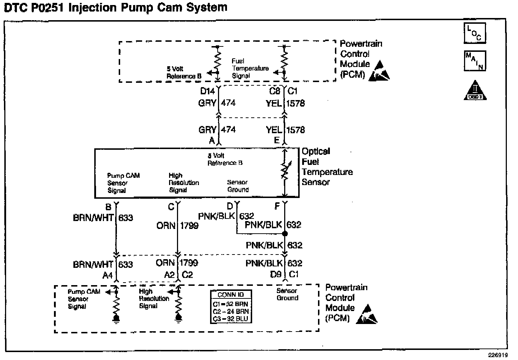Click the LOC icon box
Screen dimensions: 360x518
(x=475, y=33)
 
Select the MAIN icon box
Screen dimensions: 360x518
(x=475, y=60)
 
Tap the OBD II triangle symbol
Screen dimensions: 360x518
(x=475, y=90)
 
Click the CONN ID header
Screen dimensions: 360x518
(x=231, y=294)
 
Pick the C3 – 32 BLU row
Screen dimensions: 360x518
(x=231, y=319)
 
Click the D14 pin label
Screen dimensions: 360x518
(x=208, y=91)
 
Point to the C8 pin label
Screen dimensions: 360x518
(x=275, y=91)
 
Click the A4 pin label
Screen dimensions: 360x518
(x=108, y=275)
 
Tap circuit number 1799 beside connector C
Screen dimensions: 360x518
(x=189, y=226)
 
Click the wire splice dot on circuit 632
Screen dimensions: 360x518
(x=285, y=234)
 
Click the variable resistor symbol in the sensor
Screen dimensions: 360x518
(x=285, y=172)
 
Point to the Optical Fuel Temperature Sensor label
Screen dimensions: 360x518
(x=327, y=167)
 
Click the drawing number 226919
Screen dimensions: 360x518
(x=498, y=354)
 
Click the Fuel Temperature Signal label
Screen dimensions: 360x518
(x=250, y=68)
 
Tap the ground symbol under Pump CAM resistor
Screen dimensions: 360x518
(x=116, y=319)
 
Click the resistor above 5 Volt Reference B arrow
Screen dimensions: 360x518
(x=217, y=59)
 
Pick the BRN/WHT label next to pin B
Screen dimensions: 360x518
(x=93, y=218)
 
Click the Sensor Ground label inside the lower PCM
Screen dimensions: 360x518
(x=287, y=294)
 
